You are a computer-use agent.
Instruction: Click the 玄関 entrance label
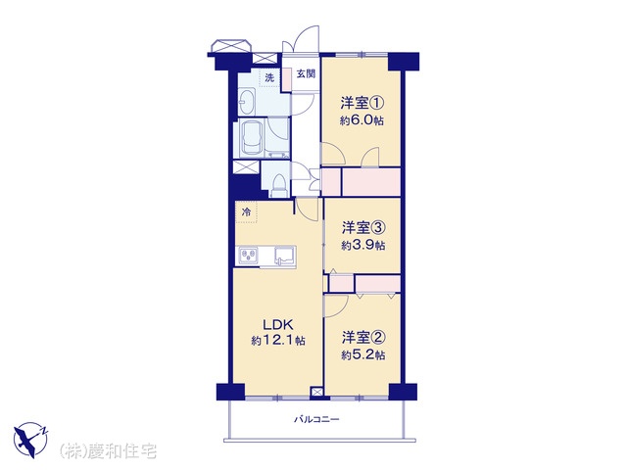pyautogui.click(x=306, y=74)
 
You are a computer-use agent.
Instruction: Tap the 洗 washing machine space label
pyautogui.click(x=270, y=78)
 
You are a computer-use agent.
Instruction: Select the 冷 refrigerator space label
pyautogui.click(x=247, y=212)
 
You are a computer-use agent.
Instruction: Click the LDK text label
pyautogui.click(x=278, y=323)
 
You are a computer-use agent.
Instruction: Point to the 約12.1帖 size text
pyautogui.click(x=278, y=341)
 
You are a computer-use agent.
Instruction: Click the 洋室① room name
pyautogui.click(x=362, y=103)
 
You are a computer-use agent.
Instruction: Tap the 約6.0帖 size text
pyautogui.click(x=362, y=120)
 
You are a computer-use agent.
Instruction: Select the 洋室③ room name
pyautogui.click(x=363, y=228)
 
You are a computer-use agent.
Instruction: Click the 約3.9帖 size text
pyautogui.click(x=363, y=245)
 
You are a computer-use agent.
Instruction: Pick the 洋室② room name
pyautogui.click(x=363, y=338)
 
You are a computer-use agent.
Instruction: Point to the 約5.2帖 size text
pyautogui.click(x=363, y=354)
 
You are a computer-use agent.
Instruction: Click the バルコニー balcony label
pyautogui.click(x=316, y=419)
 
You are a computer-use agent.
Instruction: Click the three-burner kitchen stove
pyautogui.click(x=248, y=256)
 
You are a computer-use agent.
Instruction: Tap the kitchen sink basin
pyautogui.click(x=284, y=256)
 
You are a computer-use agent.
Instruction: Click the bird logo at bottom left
pyautogui.click(x=30, y=440)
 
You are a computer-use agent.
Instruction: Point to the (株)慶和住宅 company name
pyautogui.click(x=108, y=450)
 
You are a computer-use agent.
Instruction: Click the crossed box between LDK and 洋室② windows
pyautogui.click(x=316, y=392)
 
